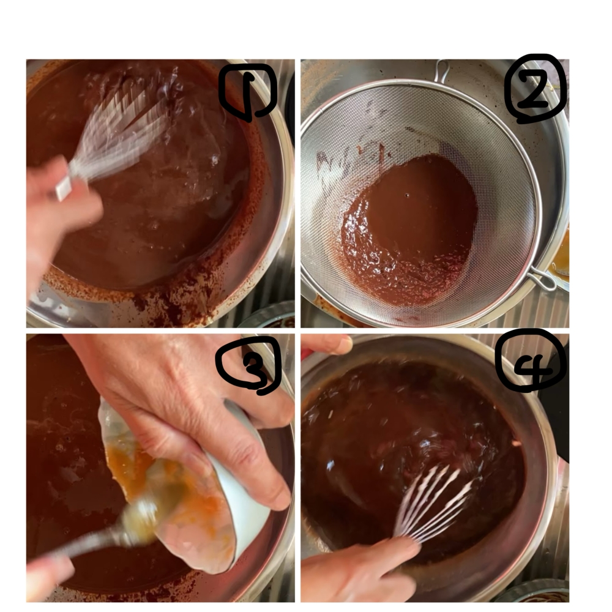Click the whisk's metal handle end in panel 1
(x=63, y=188)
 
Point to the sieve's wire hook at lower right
(x=542, y=279)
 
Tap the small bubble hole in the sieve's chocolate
(x=407, y=195)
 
